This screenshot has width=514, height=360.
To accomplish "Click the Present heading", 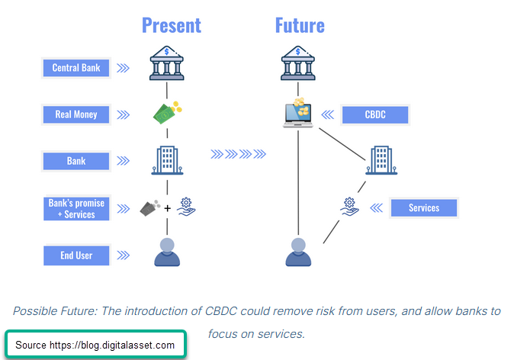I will point(172,25).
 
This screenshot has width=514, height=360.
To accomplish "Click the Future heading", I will point(300,25).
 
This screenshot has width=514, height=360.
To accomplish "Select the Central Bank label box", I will point(76,68).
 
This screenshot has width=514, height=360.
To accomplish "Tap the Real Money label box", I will point(76,114).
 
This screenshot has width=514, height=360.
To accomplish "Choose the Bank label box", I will point(76,161).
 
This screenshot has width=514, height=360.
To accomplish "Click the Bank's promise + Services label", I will point(76,208).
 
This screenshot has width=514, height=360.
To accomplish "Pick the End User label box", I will point(76,255).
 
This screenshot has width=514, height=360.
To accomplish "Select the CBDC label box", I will point(375,115).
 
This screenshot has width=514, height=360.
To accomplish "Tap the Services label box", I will point(424,207).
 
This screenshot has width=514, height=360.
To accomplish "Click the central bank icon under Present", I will point(167,63).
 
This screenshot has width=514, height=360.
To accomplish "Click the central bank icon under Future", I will point(298,63).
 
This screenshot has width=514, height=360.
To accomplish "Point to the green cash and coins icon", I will point(168,113).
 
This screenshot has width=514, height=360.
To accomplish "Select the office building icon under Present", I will point(167,160).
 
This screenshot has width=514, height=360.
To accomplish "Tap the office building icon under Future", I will point(381,160).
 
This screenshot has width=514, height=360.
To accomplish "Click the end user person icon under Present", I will point(167,251).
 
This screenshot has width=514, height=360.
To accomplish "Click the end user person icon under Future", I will point(298,251).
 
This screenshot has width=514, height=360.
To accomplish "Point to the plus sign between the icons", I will point(168,207).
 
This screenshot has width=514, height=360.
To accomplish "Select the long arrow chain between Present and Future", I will point(239,155).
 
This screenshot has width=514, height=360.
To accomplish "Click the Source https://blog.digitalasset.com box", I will point(95,345).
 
